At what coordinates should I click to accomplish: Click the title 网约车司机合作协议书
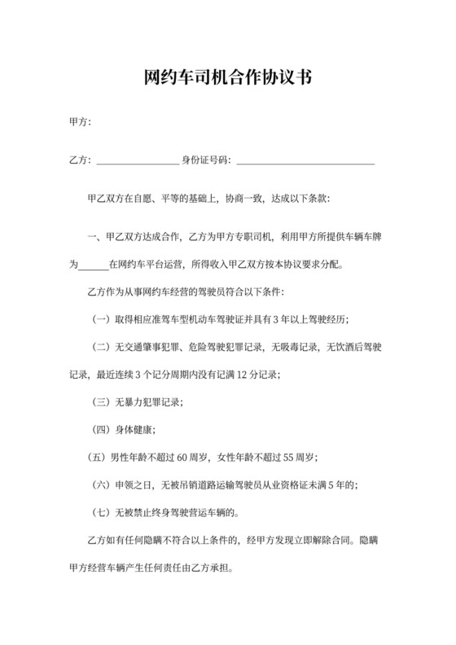(x=227, y=78)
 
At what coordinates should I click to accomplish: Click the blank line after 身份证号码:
(x=305, y=160)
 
